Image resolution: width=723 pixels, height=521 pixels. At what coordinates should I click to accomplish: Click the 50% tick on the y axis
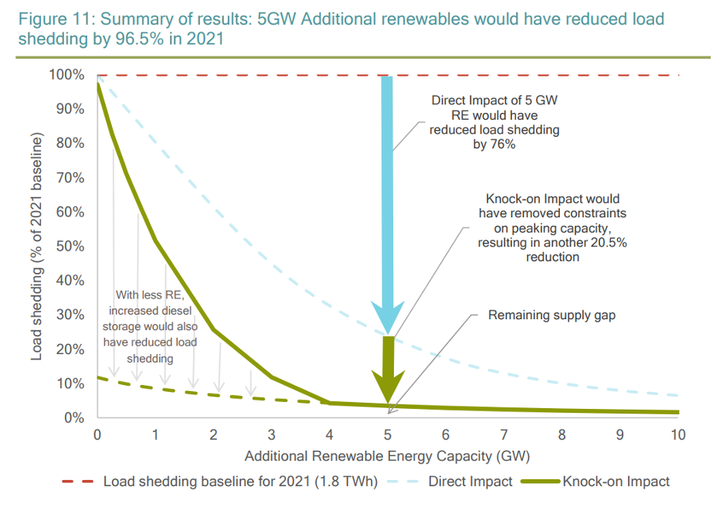click(70, 247)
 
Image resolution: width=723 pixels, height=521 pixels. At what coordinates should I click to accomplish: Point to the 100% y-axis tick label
click(66, 75)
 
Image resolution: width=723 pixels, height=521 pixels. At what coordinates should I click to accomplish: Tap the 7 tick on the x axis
click(504, 434)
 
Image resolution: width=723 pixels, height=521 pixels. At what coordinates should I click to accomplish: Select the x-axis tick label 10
click(677, 434)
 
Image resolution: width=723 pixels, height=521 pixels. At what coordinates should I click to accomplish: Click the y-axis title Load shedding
click(36, 247)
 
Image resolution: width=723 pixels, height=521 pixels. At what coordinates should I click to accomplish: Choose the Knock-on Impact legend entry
click(616, 482)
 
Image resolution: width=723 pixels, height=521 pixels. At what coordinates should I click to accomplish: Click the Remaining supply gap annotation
click(552, 315)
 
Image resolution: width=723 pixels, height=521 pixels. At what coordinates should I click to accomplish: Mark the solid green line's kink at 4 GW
click(330, 403)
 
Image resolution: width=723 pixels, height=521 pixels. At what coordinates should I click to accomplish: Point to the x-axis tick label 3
click(271, 434)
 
